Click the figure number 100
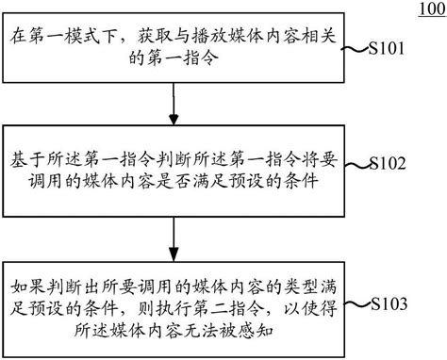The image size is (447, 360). point(425,10)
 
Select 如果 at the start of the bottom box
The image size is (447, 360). point(25,285)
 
